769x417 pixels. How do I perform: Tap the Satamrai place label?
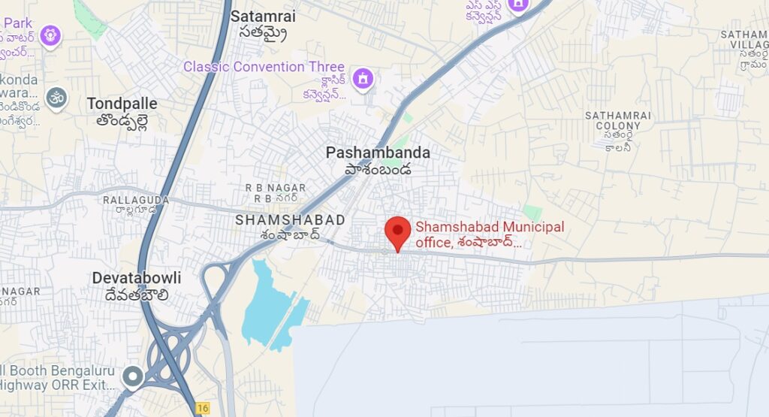[263, 16]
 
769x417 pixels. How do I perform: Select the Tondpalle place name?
[122, 104]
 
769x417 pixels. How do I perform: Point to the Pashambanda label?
[378, 153]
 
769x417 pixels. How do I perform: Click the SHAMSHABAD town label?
[290, 220]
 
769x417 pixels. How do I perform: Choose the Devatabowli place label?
[136, 278]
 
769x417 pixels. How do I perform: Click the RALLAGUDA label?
[135, 201]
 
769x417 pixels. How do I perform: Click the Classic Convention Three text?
[264, 67]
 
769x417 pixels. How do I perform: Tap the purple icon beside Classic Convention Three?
[363, 77]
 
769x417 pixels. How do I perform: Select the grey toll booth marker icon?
[133, 376]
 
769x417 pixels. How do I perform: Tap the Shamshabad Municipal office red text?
[490, 227]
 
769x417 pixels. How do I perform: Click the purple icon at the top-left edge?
[50, 35]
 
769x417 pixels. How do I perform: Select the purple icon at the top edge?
[517, 5]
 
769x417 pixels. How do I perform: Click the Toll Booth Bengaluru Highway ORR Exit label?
[56, 378]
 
